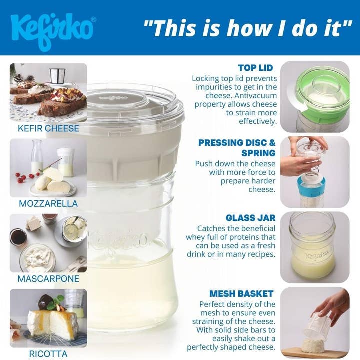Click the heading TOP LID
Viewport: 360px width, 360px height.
pos(255,68)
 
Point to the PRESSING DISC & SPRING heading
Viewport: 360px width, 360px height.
pos(237,147)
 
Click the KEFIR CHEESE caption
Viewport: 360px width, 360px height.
pos(48,128)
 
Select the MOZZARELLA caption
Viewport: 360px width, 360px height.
pos(48,204)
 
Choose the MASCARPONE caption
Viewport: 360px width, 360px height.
pos(48,279)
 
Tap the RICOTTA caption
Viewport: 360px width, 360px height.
pos(48,354)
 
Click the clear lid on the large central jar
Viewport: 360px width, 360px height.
pos(134,102)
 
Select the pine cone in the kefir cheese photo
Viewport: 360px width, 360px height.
pos(18,78)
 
